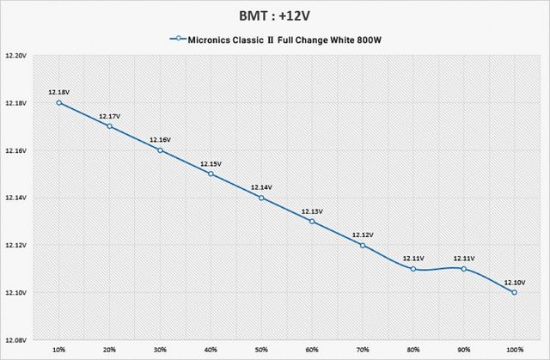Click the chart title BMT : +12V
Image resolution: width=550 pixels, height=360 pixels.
274,15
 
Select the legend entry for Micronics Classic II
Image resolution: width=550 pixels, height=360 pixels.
282,39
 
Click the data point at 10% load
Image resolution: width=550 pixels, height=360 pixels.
59,102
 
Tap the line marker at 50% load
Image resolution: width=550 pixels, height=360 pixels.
261,198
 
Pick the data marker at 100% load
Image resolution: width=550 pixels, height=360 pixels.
514,292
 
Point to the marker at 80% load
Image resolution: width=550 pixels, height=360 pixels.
413,269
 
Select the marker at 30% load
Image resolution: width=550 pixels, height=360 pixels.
160,150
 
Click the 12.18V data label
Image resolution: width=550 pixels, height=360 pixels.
59,91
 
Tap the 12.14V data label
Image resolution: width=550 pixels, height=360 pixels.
261,186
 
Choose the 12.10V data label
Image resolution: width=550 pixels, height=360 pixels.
514,281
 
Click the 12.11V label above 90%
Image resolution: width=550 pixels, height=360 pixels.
464,258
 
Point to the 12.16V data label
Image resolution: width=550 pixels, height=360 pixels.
160,139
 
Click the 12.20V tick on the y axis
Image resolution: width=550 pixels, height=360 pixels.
16,55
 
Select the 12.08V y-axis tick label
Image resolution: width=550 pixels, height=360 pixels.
16,339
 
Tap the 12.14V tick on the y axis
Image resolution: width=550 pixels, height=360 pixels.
16,198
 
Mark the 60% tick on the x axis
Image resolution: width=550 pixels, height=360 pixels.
312,350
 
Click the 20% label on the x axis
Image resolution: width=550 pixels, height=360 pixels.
110,350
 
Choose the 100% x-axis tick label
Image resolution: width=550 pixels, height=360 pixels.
514,350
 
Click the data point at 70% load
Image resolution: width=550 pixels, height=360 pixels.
363,245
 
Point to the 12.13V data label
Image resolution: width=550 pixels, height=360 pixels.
312,211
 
